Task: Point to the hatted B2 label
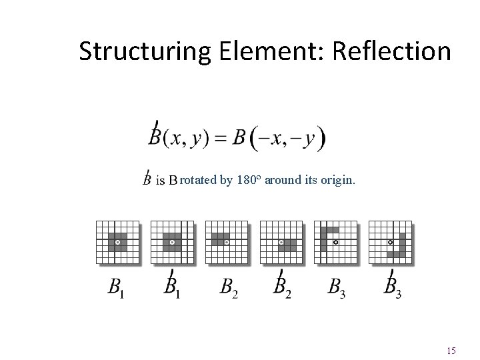[283, 286]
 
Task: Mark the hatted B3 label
[393, 286]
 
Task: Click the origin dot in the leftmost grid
[118, 242]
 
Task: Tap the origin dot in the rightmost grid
[391, 242]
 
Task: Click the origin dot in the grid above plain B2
[227, 242]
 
